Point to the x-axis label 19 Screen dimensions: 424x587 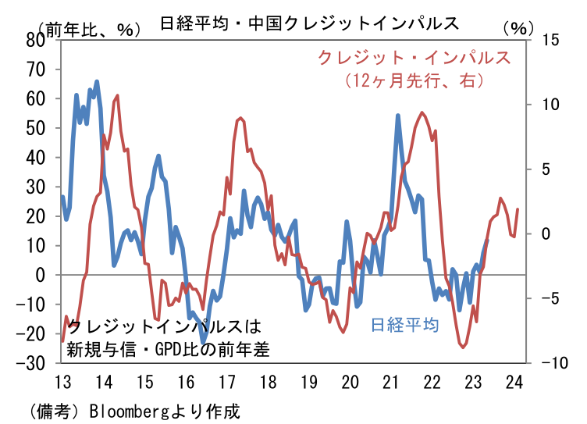click(308, 383)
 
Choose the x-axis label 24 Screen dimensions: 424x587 click(514, 383)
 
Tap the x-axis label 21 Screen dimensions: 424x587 click(391, 383)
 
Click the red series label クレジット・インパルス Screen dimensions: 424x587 click(414, 58)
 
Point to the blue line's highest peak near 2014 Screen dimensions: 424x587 click(97, 81)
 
